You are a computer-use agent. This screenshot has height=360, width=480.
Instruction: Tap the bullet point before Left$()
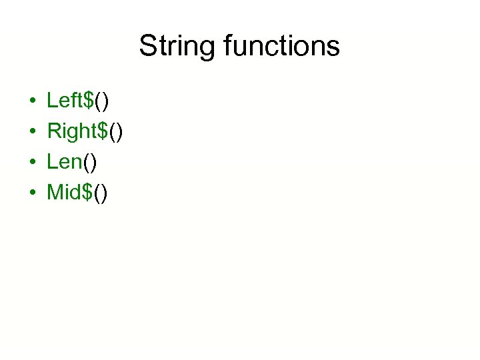pos(33,102)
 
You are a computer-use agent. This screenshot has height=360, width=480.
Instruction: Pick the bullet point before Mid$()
pos(33,194)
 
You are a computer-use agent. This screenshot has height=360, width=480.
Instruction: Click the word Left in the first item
pos(65,101)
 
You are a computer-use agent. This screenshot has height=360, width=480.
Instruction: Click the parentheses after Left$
pos(103,101)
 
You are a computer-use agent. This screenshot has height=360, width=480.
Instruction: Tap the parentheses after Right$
pos(117,132)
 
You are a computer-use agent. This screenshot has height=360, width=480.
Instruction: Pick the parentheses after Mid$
pos(100,193)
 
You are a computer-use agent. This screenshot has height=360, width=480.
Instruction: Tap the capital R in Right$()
pos(53,131)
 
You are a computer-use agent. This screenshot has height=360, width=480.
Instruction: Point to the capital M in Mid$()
pos(54,193)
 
